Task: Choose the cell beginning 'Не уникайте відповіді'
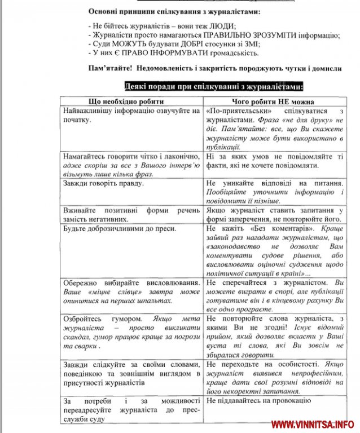pyautogui.click(x=275, y=192)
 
